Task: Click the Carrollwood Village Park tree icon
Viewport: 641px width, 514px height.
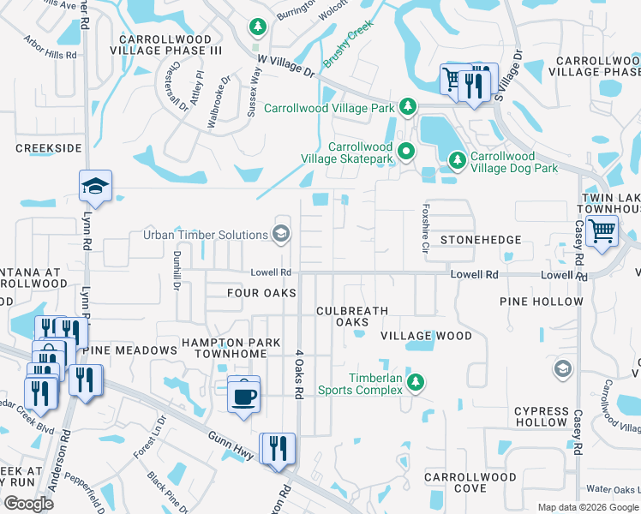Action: pyautogui.click(x=409, y=107)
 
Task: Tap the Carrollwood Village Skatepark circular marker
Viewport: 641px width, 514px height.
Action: pyautogui.click(x=408, y=152)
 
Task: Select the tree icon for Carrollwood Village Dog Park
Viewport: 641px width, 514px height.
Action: pyautogui.click(x=458, y=160)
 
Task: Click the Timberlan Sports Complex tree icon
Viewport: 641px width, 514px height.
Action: pyautogui.click(x=416, y=382)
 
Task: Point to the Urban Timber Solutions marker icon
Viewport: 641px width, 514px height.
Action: pyautogui.click(x=280, y=233)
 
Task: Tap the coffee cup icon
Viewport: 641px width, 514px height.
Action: pyautogui.click(x=244, y=395)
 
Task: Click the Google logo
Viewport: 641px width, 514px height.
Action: pyautogui.click(x=28, y=503)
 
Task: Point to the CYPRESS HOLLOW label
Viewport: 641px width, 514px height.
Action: pyautogui.click(x=542, y=417)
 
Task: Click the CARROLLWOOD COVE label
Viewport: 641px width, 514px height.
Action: pyautogui.click(x=470, y=483)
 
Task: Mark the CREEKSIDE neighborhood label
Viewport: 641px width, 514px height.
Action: pyautogui.click(x=48, y=148)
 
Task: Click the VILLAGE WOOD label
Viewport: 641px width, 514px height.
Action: pyautogui.click(x=426, y=336)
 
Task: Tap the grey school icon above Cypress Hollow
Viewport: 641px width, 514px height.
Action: pyautogui.click(x=562, y=368)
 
